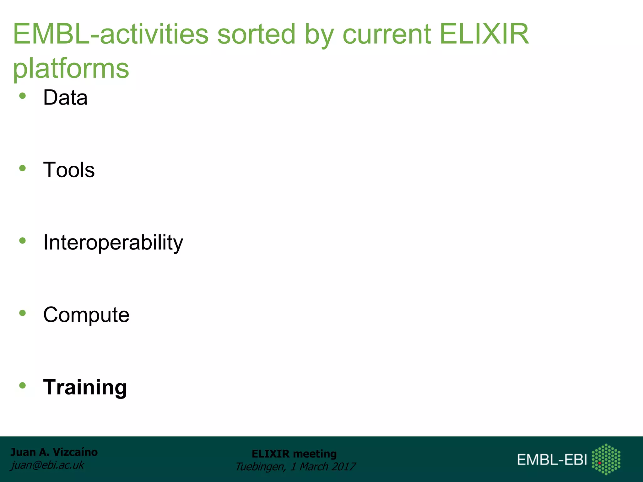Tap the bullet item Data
65,98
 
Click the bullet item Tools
69,170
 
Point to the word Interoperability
113,243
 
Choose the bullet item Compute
86,315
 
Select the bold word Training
85,387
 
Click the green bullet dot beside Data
22,96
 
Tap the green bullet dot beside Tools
22,169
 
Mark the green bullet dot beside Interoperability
22,241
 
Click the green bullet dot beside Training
22,385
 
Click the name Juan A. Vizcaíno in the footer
54,452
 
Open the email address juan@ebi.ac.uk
47,465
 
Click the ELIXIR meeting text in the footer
294,454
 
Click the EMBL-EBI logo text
552,460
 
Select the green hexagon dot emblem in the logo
606,459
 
